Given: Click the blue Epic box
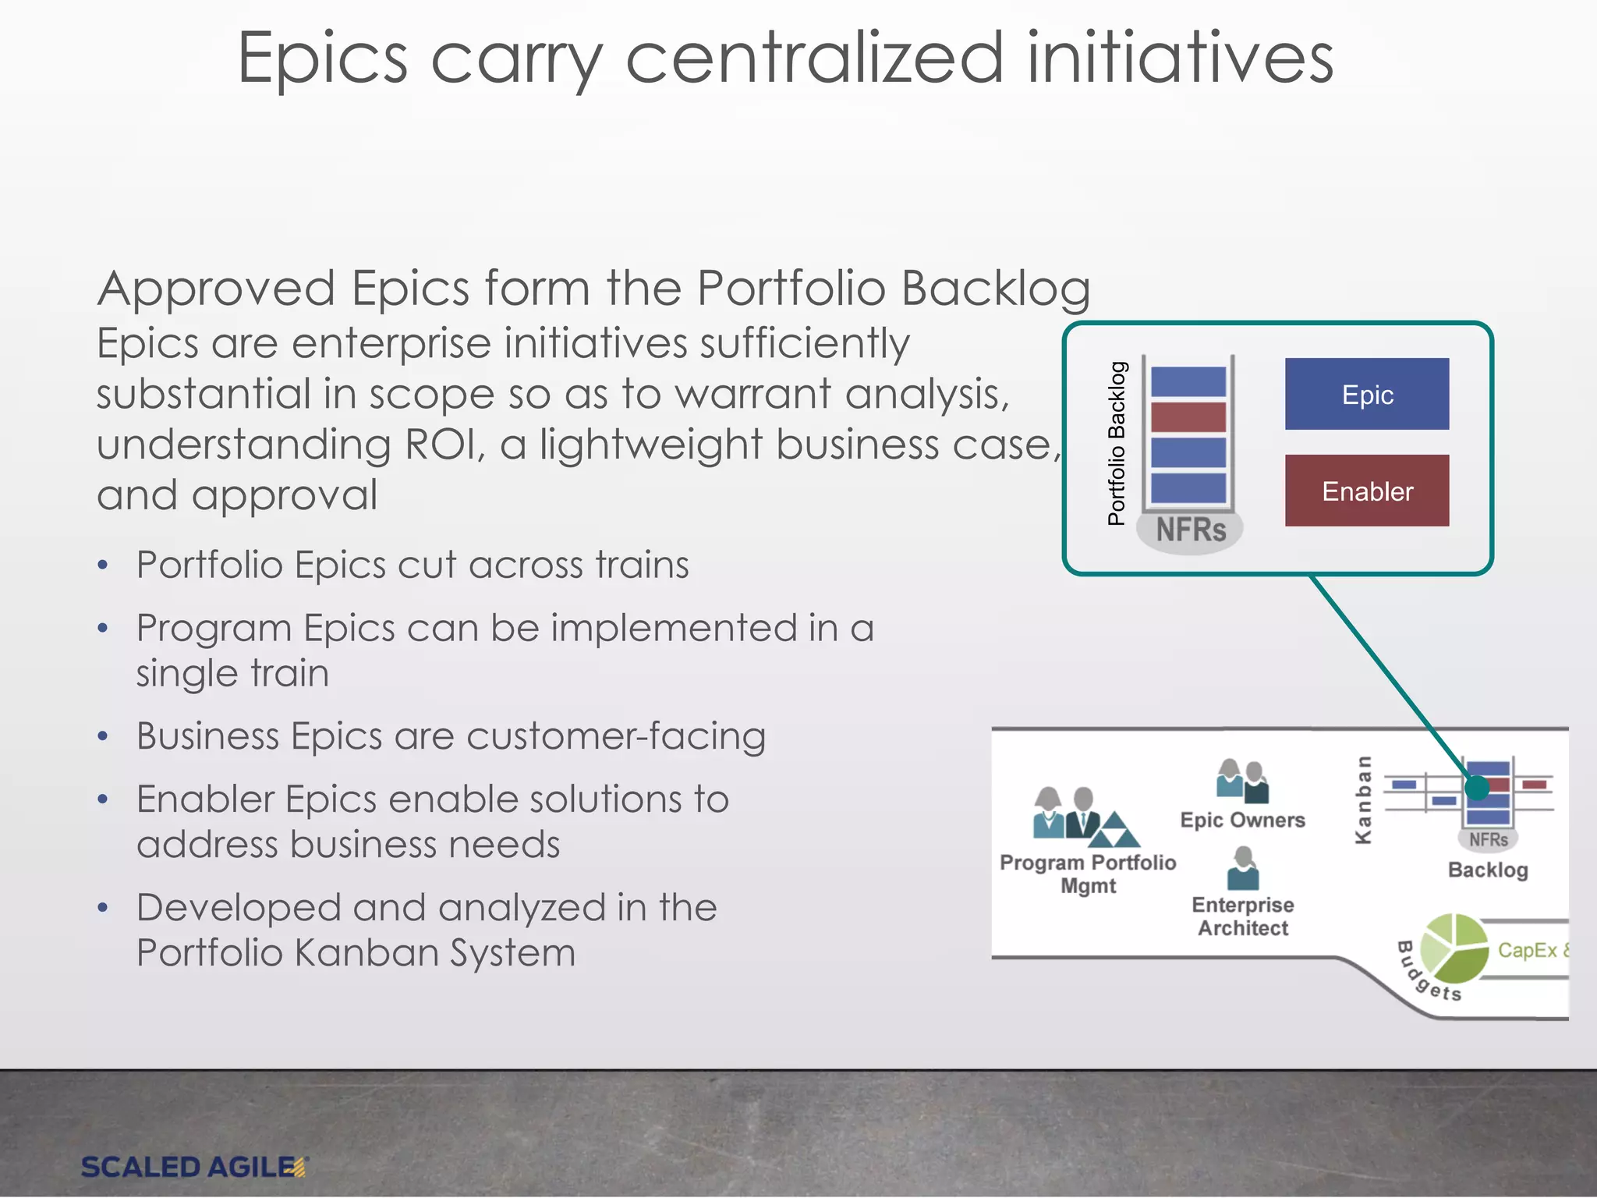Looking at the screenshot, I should click(x=1366, y=394).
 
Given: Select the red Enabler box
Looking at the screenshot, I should click(x=1366, y=491).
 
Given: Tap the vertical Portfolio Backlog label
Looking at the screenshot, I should click(x=1117, y=443).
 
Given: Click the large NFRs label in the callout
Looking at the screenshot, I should click(x=1190, y=530).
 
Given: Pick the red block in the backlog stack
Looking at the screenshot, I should click(x=1188, y=417).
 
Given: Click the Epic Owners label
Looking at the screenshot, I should click(x=1242, y=820).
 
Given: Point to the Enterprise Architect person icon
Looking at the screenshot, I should click(x=1243, y=869).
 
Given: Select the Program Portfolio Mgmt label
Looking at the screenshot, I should click(x=1088, y=874).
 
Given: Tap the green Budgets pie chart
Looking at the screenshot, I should click(x=1454, y=948).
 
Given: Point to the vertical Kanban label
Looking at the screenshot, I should click(x=1363, y=799).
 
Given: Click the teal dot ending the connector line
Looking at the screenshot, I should click(x=1477, y=789).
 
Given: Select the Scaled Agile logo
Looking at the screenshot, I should click(x=195, y=1167).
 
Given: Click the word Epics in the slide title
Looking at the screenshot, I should click(x=323, y=58).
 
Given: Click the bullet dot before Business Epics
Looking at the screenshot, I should click(x=103, y=736).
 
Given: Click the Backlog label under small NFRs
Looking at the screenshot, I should click(x=1487, y=870).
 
